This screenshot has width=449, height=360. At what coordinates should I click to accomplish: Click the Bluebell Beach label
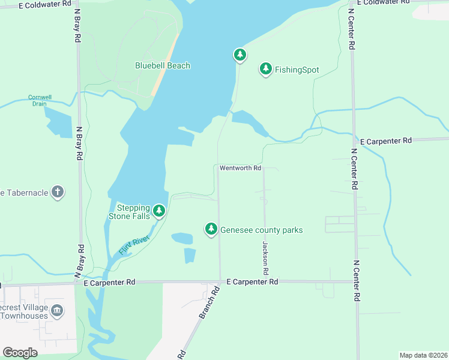tap(162, 65)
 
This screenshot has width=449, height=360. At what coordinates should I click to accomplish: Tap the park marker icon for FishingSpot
tap(265, 69)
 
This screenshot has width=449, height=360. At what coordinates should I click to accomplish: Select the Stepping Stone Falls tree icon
tap(159, 211)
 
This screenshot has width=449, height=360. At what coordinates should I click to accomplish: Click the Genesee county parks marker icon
tap(211, 229)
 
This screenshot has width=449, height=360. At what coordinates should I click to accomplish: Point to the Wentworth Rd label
tap(240, 168)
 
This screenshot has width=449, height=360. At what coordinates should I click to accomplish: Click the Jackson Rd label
tap(264, 255)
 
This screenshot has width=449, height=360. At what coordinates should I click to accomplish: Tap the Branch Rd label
tap(208, 302)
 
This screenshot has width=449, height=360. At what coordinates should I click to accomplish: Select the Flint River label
tap(133, 245)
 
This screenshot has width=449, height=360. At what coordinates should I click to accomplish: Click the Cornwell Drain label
tap(41, 100)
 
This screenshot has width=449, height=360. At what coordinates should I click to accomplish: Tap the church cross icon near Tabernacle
tap(57, 192)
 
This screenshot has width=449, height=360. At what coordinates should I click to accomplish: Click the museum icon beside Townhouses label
tap(57, 310)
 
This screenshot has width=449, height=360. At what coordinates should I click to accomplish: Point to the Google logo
tap(20, 352)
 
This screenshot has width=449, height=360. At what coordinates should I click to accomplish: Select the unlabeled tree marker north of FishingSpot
tap(240, 55)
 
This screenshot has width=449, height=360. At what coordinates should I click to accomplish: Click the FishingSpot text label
tap(297, 70)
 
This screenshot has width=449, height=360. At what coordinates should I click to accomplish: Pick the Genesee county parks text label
tap(262, 230)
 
